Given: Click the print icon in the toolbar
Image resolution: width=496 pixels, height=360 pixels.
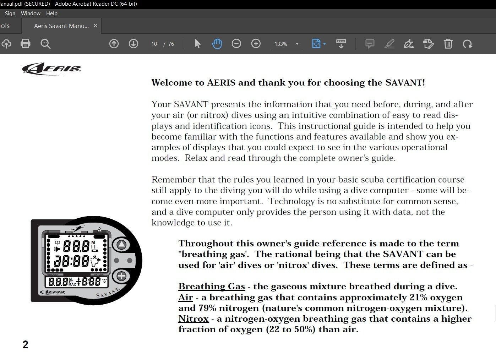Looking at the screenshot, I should [25, 44].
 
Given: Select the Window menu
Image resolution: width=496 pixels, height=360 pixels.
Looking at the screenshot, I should [31, 13].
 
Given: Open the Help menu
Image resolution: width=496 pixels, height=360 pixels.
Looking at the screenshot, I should [51, 13].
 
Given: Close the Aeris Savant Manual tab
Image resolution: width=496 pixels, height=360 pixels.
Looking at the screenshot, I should [95, 26].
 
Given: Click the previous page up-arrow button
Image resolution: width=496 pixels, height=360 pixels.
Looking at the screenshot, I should [114, 44].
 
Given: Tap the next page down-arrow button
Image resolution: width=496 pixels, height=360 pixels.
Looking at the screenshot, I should [133, 44].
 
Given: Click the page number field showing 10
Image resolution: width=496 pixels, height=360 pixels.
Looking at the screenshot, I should [154, 44].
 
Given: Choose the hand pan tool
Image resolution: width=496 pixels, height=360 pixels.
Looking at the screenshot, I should [217, 44].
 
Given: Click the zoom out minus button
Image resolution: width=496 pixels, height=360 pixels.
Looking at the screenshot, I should [236, 44].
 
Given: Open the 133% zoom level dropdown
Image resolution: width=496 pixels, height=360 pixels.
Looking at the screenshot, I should [297, 44].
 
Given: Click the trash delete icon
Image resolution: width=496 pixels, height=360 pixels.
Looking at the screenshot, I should [448, 44].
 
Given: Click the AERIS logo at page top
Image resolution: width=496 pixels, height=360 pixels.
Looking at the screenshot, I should [51, 69].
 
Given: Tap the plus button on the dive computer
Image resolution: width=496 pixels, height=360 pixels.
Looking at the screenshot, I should [121, 276].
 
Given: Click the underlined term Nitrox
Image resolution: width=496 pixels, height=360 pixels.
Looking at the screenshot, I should [193, 319].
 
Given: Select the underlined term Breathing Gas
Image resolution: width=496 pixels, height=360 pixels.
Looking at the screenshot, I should [212, 287].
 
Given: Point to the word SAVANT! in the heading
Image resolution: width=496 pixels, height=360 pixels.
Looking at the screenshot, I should [405, 83].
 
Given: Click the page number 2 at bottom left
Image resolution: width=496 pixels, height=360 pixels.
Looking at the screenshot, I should [25, 344].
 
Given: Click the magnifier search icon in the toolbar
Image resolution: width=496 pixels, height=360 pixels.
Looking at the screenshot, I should [45, 44].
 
